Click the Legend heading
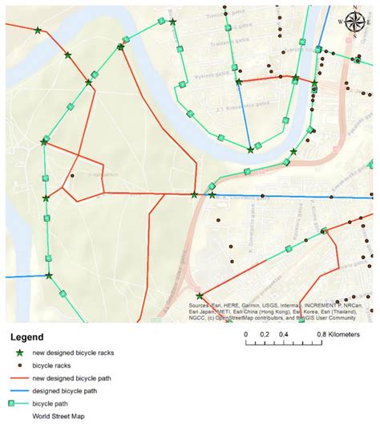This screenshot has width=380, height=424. pyautogui.click(x=27, y=338)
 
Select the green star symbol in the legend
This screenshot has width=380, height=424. pyautogui.click(x=18, y=353)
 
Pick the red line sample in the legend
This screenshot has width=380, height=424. pyautogui.click(x=18, y=377)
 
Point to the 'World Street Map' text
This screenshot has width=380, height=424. pyautogui.click(x=59, y=416)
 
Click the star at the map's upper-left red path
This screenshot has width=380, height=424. pyautogui.click(x=38, y=31)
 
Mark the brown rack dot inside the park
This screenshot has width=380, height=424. pyautogui.click(x=72, y=175)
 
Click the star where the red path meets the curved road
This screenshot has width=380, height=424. pyautogui.click(x=194, y=194)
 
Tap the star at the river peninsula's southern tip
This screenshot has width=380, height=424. pyautogui.click(x=251, y=149)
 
